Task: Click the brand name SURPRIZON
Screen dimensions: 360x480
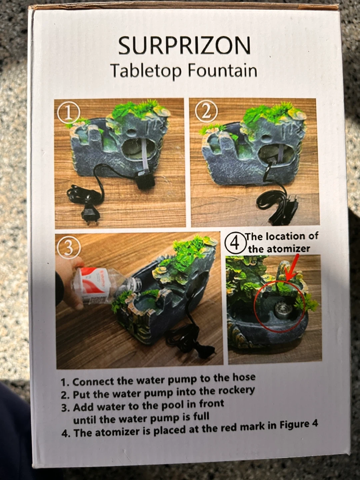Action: click(184, 46)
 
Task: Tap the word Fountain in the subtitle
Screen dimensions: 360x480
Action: click(222, 71)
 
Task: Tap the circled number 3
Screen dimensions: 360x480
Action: click(69, 249)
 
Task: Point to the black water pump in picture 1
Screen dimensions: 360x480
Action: click(144, 180)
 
